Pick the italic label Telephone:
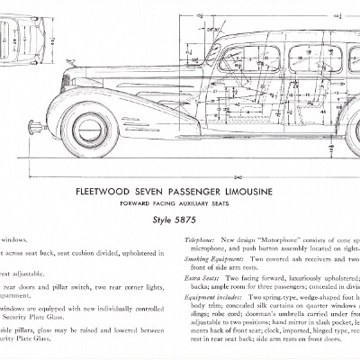click(x=203, y=241)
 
